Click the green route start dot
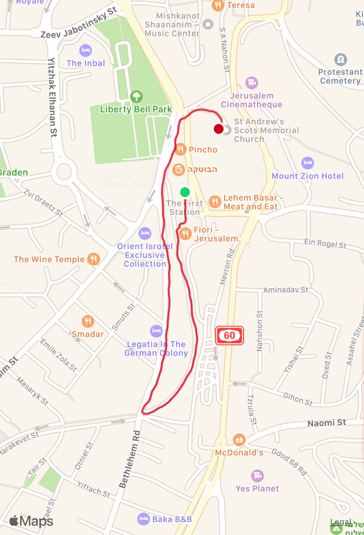click(185, 192)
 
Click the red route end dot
click(219, 129)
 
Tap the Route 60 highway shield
click(229, 335)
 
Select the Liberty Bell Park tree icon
click(136, 96)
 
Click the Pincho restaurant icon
click(180, 149)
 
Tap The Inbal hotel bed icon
click(86, 50)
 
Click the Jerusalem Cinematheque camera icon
click(252, 83)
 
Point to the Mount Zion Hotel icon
click(308, 163)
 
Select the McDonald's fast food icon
click(239, 440)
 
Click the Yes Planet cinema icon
click(257, 476)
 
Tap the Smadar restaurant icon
click(88, 321)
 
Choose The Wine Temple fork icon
click(93, 259)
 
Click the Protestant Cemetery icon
click(341, 59)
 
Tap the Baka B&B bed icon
click(144, 519)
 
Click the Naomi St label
click(327, 423)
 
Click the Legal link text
click(341, 522)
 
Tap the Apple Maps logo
click(31, 521)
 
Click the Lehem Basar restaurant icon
click(215, 202)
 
